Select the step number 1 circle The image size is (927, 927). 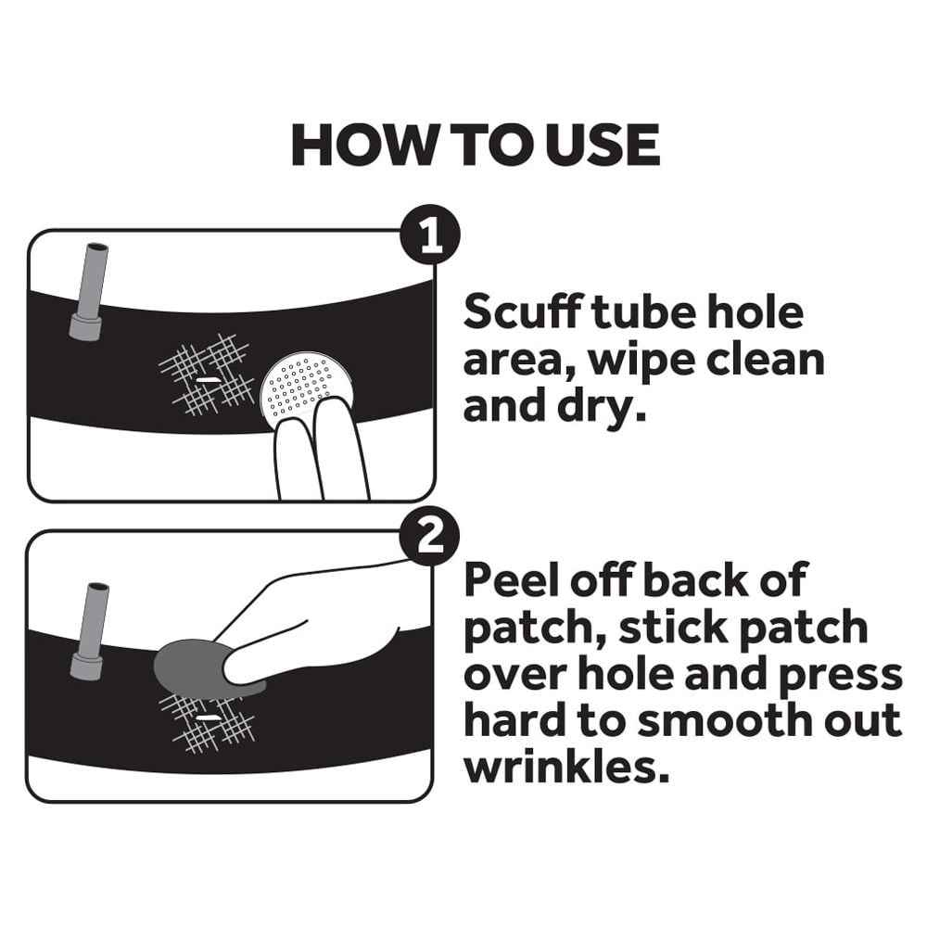pos(429,237)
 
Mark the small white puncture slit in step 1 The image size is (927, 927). pos(208,381)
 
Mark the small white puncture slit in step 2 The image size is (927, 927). pos(208,717)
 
